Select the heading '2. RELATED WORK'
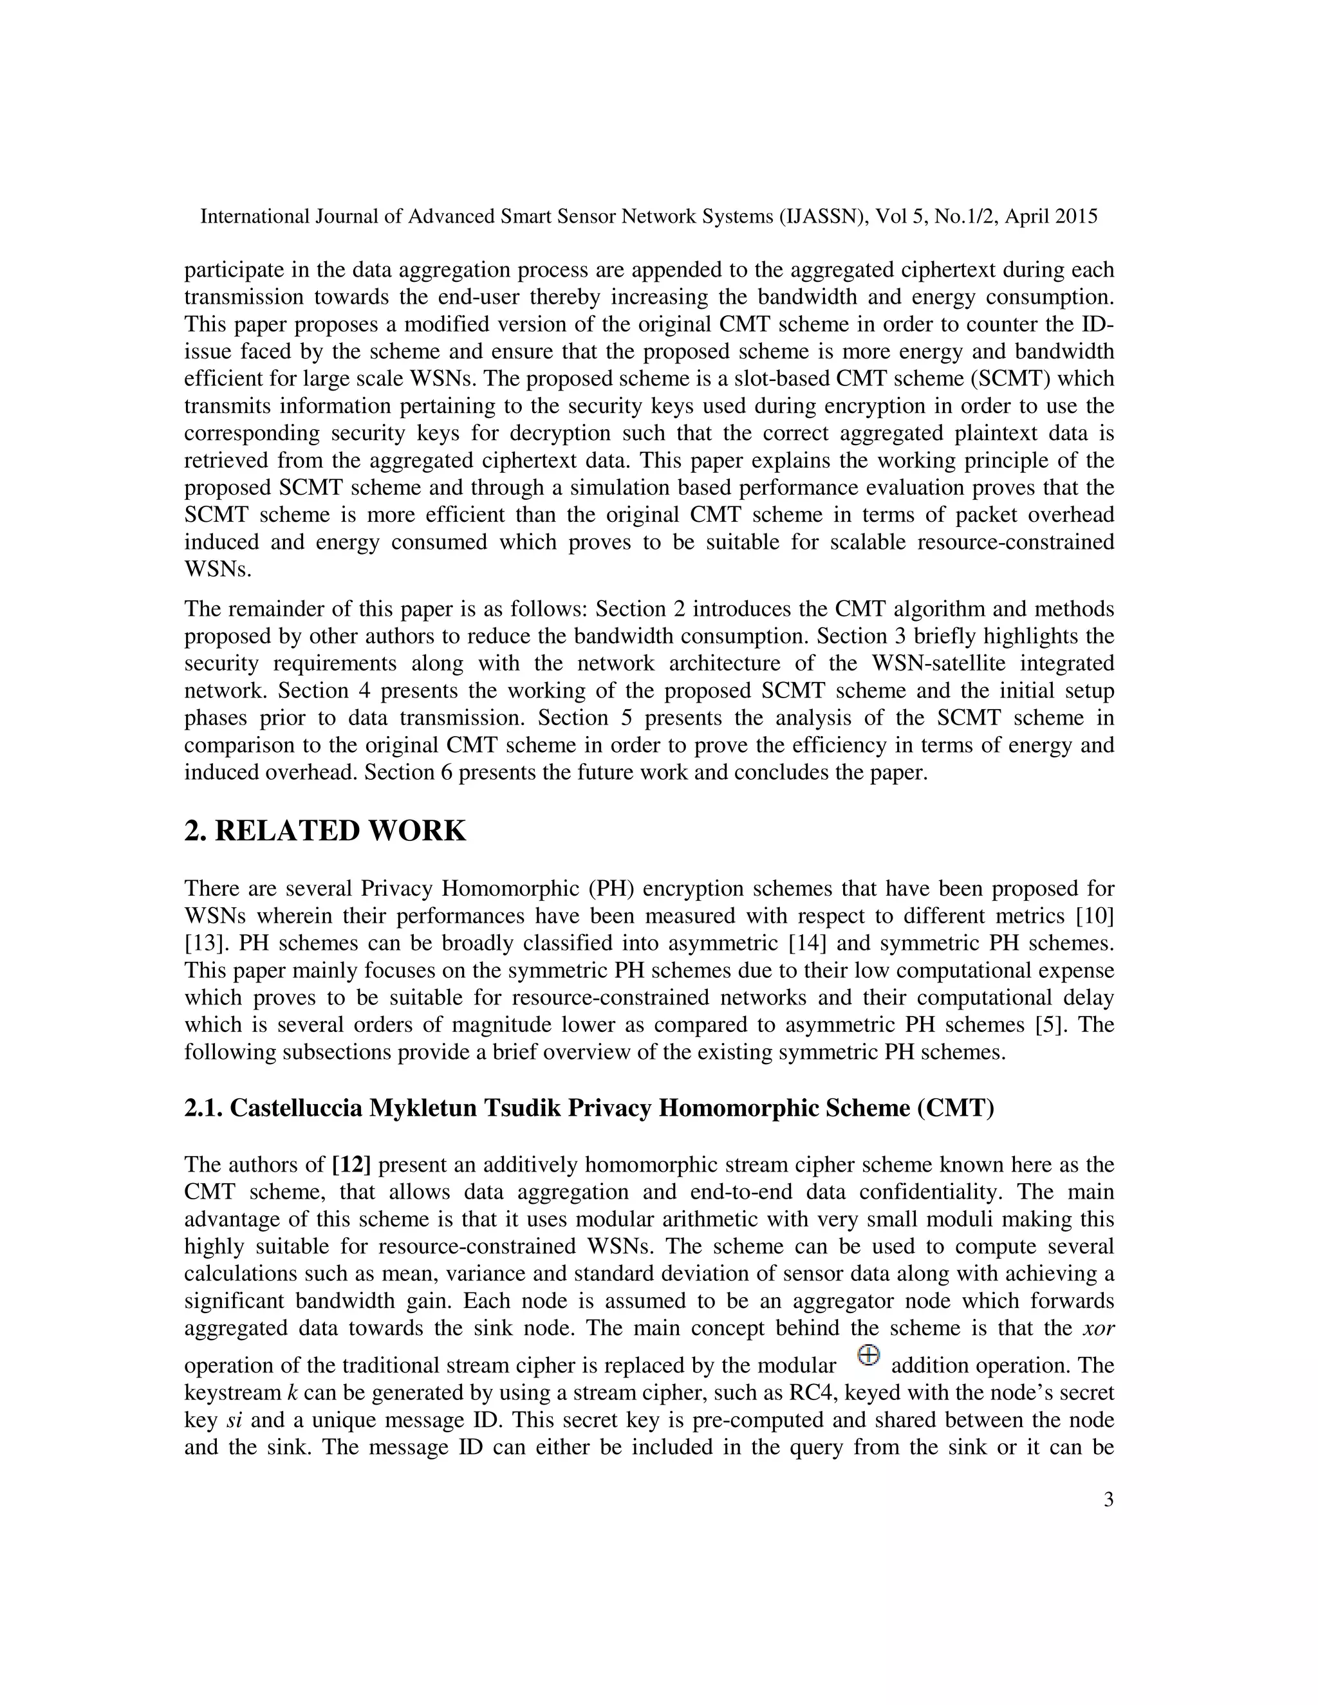tap(325, 831)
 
